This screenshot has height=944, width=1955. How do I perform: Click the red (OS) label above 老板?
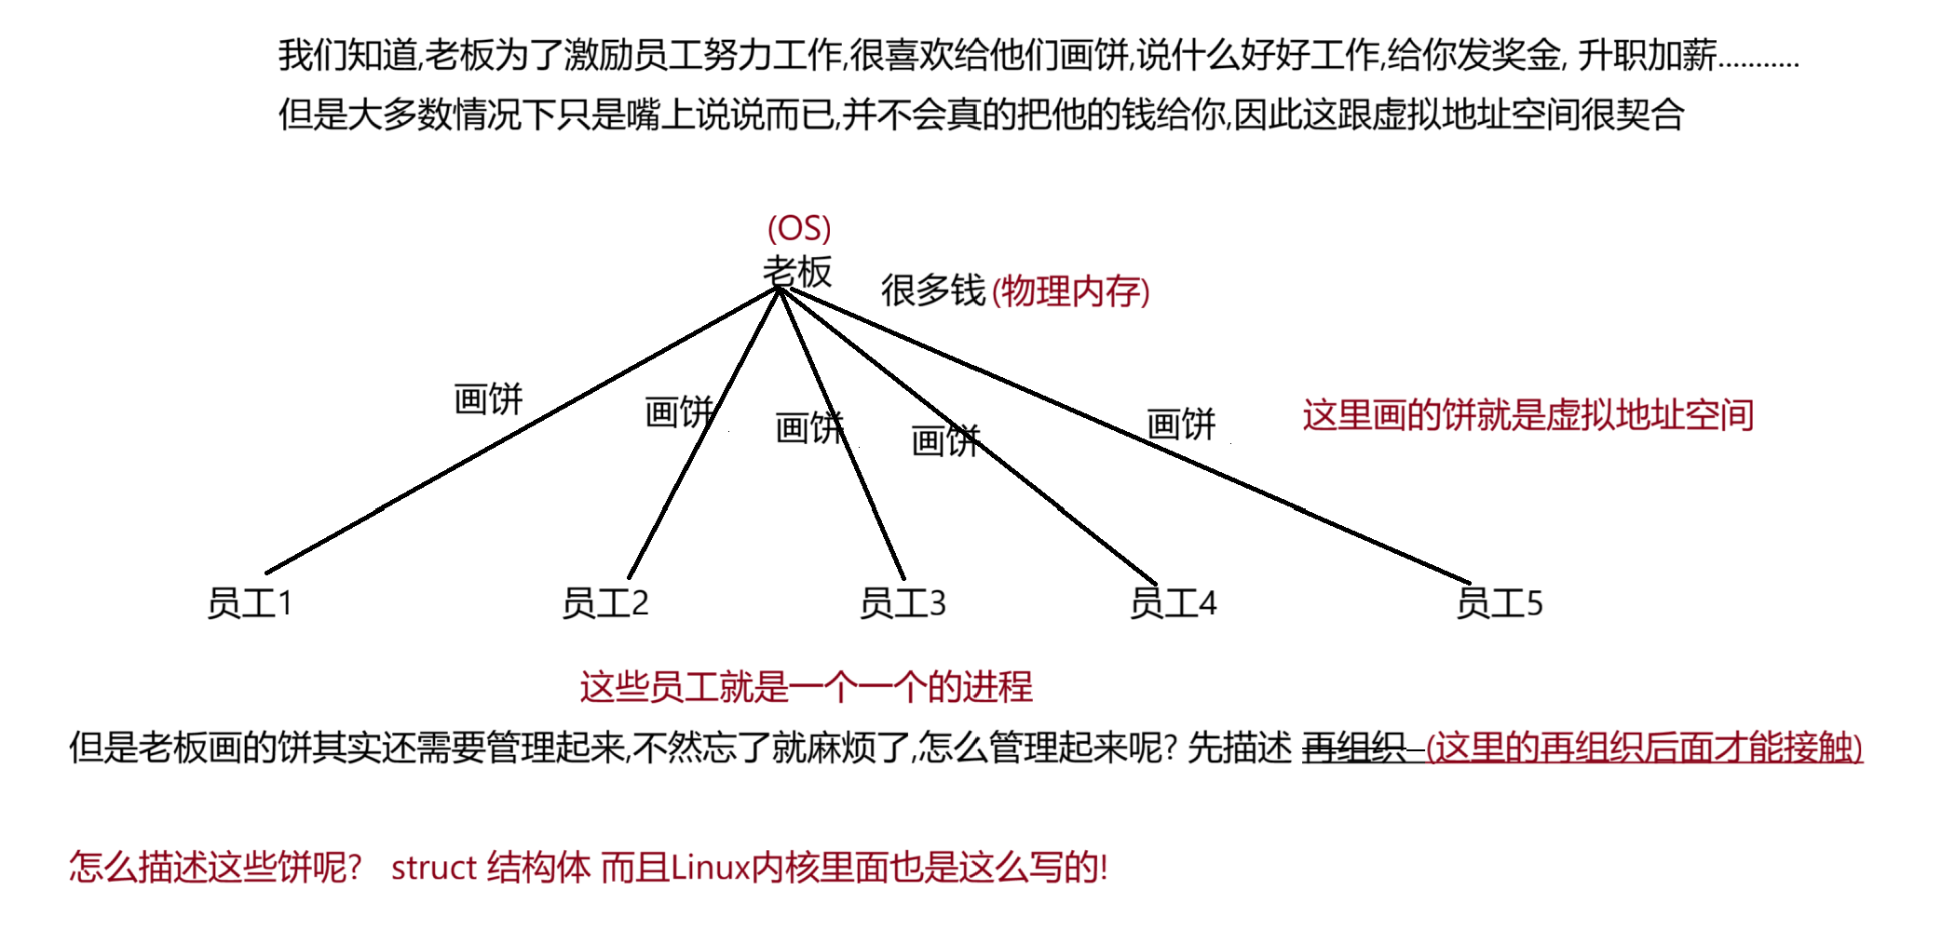(798, 228)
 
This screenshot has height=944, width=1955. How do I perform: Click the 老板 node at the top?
(796, 271)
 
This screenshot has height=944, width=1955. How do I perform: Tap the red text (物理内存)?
(1070, 291)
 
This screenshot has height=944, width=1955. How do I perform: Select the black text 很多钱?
(932, 290)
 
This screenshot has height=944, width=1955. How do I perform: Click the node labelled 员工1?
(250, 603)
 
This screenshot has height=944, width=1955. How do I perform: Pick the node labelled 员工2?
(604, 603)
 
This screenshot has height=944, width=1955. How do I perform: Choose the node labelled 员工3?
(902, 603)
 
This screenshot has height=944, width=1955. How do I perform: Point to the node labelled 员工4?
(1173, 603)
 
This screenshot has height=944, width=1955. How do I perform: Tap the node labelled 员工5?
(1499, 603)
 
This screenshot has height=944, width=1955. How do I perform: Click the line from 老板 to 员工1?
(522, 431)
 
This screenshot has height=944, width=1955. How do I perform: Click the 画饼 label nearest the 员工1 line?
(488, 399)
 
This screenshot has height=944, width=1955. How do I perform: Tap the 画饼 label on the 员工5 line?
(1180, 425)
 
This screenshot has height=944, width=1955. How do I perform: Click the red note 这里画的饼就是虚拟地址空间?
(1527, 415)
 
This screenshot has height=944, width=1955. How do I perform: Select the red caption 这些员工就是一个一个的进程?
(806, 687)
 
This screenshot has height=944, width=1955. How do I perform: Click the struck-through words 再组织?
(1352, 748)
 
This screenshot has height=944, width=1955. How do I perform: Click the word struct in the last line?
(433, 868)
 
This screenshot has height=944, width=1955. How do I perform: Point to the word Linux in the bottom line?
(710, 868)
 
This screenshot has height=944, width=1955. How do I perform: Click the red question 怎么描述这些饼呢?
(214, 868)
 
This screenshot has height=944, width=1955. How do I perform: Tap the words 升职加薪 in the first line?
(1646, 56)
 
